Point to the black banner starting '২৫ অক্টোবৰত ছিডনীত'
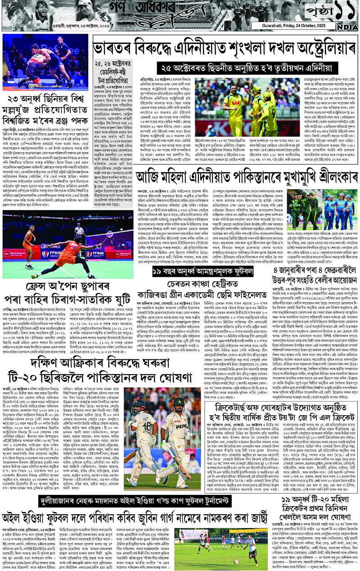tap(256, 68)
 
